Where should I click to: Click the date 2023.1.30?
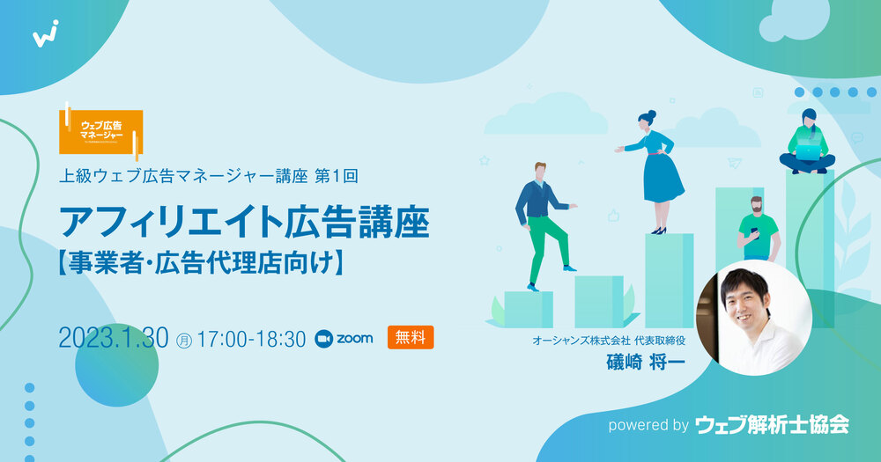114,338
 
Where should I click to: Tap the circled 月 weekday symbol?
184,339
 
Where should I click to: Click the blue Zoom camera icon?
323,338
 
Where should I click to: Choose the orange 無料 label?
411,337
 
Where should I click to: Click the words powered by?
648,425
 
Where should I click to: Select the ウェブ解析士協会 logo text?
772,425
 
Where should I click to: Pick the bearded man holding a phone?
757,229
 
